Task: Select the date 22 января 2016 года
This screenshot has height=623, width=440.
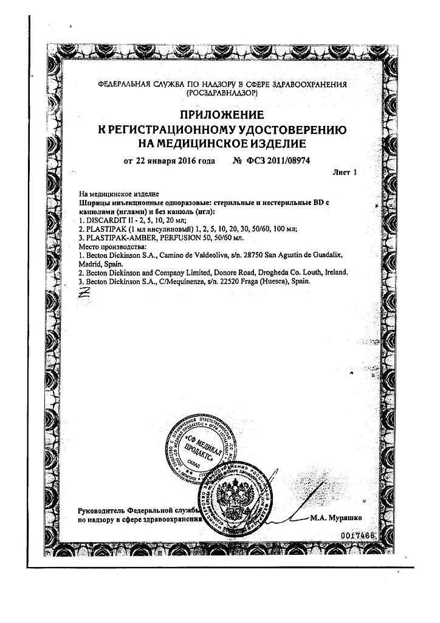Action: [170, 162]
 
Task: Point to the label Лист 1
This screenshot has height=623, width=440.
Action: [344, 173]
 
